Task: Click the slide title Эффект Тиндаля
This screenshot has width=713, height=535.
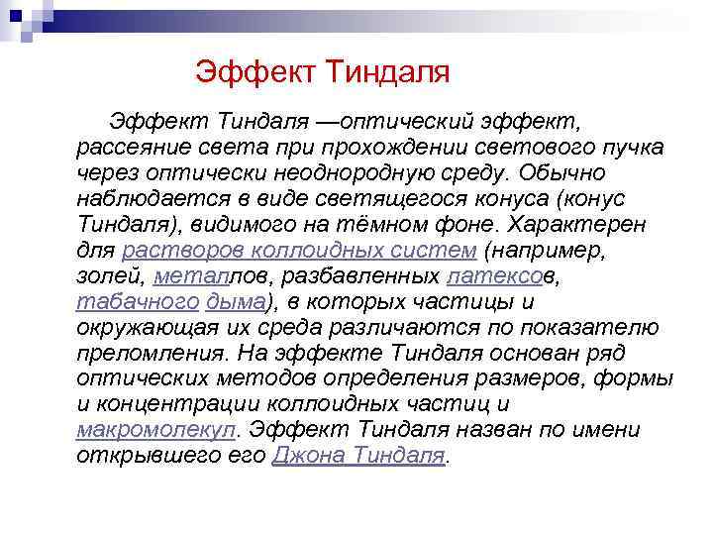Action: coord(323,71)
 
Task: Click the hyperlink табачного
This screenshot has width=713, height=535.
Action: coord(137,302)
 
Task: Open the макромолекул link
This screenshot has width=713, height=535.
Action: coord(155,431)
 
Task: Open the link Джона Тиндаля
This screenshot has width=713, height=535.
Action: coord(358,457)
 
